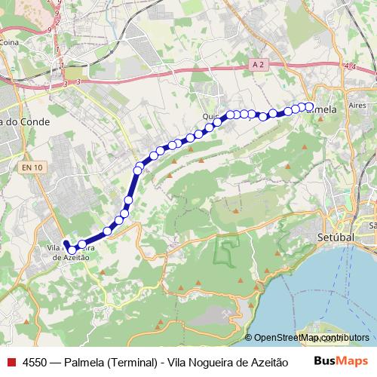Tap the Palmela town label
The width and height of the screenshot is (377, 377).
click(x=323, y=110)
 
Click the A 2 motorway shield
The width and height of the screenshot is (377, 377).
click(x=259, y=66)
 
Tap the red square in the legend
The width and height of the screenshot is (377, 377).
click(x=11, y=361)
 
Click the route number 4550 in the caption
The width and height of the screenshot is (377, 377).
click(x=36, y=361)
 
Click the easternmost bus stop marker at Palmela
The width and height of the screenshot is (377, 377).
click(x=309, y=106)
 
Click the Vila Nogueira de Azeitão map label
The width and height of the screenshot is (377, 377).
click(x=71, y=251)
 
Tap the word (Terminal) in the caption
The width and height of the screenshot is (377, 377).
click(x=133, y=361)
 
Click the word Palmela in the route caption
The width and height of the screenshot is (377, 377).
click(x=86, y=361)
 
